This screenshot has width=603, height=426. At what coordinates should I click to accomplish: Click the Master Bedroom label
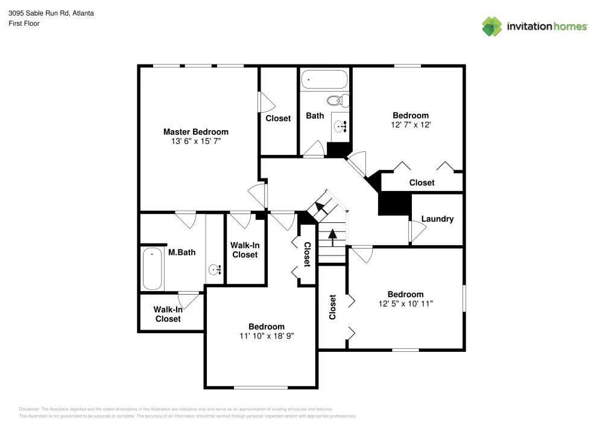click(x=195, y=131)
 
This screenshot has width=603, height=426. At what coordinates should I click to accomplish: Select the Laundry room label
click(x=437, y=219)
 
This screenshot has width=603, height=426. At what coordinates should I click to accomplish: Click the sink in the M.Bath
click(x=214, y=270)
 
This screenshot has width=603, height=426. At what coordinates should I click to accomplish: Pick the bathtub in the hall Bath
click(x=324, y=79)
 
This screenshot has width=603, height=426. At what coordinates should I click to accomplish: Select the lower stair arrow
click(x=332, y=236)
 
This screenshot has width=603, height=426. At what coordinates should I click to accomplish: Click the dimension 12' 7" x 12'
click(x=411, y=125)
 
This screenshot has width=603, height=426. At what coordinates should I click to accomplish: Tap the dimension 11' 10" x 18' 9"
click(x=266, y=336)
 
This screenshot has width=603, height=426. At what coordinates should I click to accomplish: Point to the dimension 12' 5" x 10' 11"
click(x=405, y=304)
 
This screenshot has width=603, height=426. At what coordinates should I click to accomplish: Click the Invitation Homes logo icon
click(x=491, y=26)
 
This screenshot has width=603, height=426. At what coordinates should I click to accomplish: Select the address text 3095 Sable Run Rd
click(x=51, y=13)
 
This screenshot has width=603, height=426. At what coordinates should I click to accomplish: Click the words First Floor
click(x=24, y=23)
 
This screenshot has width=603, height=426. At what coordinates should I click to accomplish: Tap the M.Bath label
click(x=182, y=252)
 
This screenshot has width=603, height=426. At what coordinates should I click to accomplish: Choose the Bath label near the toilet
click(x=315, y=115)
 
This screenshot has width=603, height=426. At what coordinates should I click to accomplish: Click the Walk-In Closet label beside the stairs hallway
click(x=244, y=250)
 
